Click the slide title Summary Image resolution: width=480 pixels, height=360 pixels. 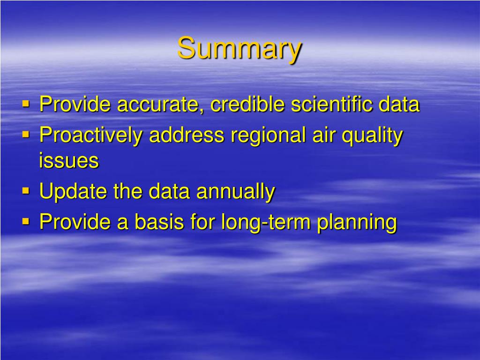click(x=240, y=49)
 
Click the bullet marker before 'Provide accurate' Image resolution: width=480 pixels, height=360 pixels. click(x=26, y=104)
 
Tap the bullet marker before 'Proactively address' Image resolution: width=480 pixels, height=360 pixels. click(x=26, y=134)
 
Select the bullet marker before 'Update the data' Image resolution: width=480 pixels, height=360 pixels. click(x=26, y=191)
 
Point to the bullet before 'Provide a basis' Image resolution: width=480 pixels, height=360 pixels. click(x=26, y=221)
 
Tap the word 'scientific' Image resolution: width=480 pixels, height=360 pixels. click(x=331, y=104)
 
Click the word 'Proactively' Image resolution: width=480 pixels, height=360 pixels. click(x=90, y=136)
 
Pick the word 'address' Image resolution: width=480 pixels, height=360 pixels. click(x=187, y=135)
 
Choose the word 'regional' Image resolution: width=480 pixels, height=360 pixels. click(x=268, y=136)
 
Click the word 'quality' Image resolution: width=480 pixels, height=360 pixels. click(x=372, y=136)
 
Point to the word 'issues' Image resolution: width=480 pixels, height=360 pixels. click(x=69, y=160)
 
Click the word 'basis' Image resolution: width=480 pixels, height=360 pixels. click(x=159, y=221)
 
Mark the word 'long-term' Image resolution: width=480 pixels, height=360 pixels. click(x=265, y=223)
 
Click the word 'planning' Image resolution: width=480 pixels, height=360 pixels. click(x=357, y=223)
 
